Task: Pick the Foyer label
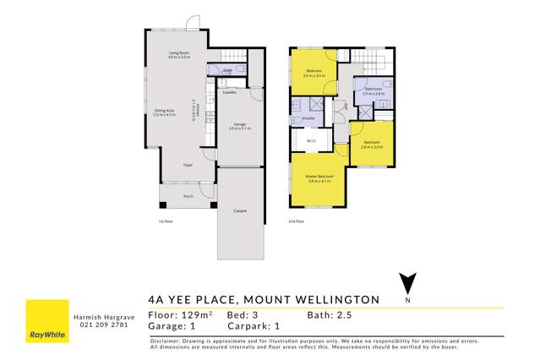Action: (x=187, y=167)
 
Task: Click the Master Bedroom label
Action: (x=319, y=176)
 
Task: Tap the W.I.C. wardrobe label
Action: (x=311, y=139)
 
